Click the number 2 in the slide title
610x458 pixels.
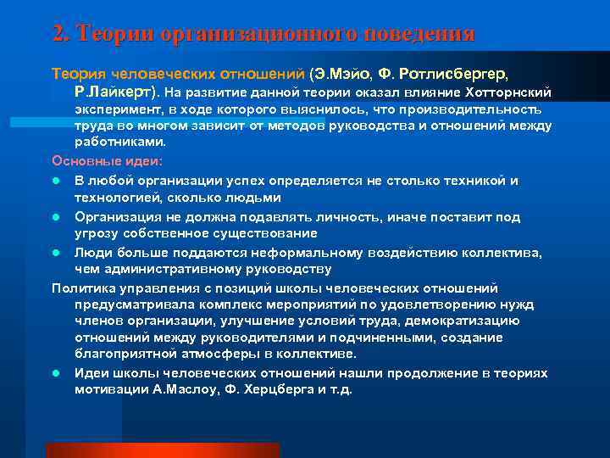(x=58, y=34)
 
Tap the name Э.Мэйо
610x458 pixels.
(x=344, y=73)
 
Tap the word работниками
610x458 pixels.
(x=120, y=142)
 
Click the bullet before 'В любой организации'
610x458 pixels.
(x=56, y=181)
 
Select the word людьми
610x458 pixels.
(x=250, y=197)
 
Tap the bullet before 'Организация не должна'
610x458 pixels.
(x=56, y=217)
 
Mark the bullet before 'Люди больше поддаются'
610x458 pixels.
(x=56, y=253)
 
